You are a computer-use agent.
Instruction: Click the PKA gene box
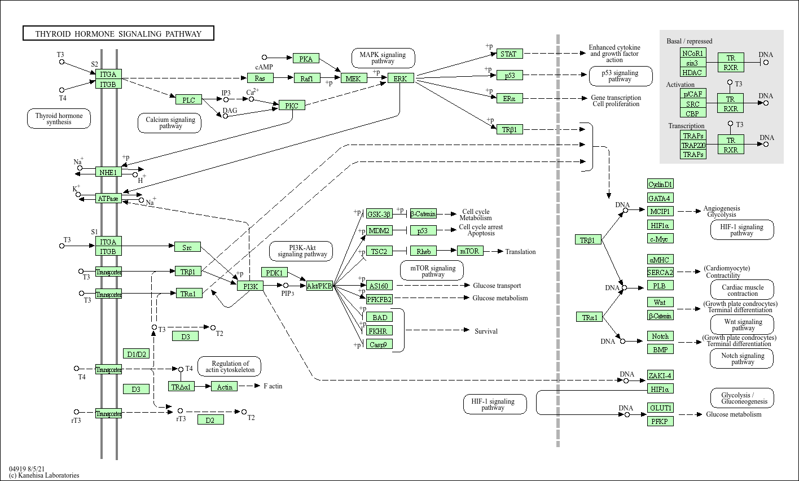(306, 58)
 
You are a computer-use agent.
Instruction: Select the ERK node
(401, 78)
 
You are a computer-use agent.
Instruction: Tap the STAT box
(509, 54)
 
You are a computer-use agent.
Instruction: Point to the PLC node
(188, 100)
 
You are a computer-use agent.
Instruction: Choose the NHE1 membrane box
(108, 172)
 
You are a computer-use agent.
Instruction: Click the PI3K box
(250, 286)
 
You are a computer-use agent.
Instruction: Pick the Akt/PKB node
(319, 286)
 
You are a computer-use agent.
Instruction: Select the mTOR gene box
(469, 251)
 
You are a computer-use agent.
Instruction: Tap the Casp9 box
(378, 344)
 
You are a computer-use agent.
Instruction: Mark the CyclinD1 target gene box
(660, 184)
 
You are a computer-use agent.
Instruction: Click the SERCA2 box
(660, 273)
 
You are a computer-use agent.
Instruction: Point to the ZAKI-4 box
(660, 375)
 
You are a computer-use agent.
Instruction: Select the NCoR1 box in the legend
(693, 53)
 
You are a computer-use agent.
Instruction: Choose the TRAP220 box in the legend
(693, 145)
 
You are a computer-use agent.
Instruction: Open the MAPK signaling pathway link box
(383, 58)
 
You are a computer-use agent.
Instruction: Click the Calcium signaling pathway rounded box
(170, 123)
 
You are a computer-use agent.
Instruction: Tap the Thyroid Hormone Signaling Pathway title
(118, 34)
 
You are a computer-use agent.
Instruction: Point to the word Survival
(486, 331)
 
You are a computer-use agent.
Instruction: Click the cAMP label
(264, 67)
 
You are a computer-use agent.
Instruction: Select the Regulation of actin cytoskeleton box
(230, 367)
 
